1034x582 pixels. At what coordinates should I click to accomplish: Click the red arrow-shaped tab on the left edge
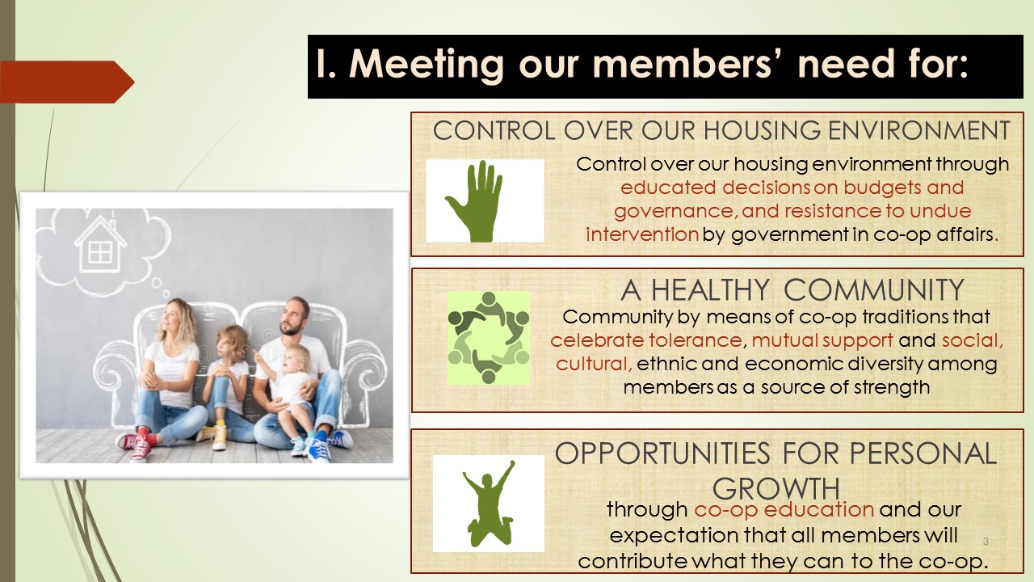[x=67, y=82]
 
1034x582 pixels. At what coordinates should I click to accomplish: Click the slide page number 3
[x=986, y=542]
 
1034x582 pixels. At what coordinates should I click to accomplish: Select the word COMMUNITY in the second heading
[x=874, y=290]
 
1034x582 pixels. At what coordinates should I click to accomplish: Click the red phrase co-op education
[x=784, y=510]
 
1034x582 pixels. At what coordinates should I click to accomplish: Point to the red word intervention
[x=641, y=234]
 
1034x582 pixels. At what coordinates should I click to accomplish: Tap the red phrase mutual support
[x=822, y=341]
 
